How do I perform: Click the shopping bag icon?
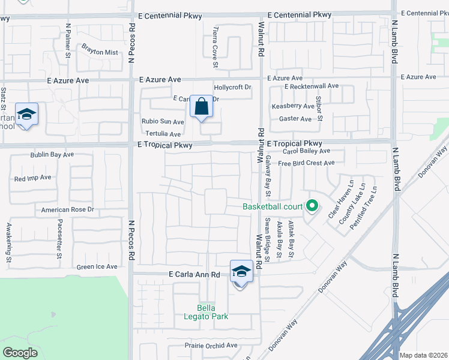(202, 107)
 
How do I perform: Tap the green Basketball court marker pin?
(312, 206)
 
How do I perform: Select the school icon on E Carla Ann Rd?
(241, 272)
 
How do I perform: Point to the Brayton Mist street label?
(100, 52)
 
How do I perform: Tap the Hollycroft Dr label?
(232, 87)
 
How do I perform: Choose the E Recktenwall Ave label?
(312, 86)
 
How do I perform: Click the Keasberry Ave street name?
(293, 106)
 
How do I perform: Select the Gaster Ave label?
(295, 119)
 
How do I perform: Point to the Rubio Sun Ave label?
(163, 121)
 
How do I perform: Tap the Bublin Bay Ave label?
(52, 155)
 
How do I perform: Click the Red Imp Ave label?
(32, 178)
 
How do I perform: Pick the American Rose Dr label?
(68, 210)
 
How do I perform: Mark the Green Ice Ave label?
(97, 267)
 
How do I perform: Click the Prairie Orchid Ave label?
(203, 346)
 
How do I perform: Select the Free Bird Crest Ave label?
(306, 163)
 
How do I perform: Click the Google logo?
(20, 353)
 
